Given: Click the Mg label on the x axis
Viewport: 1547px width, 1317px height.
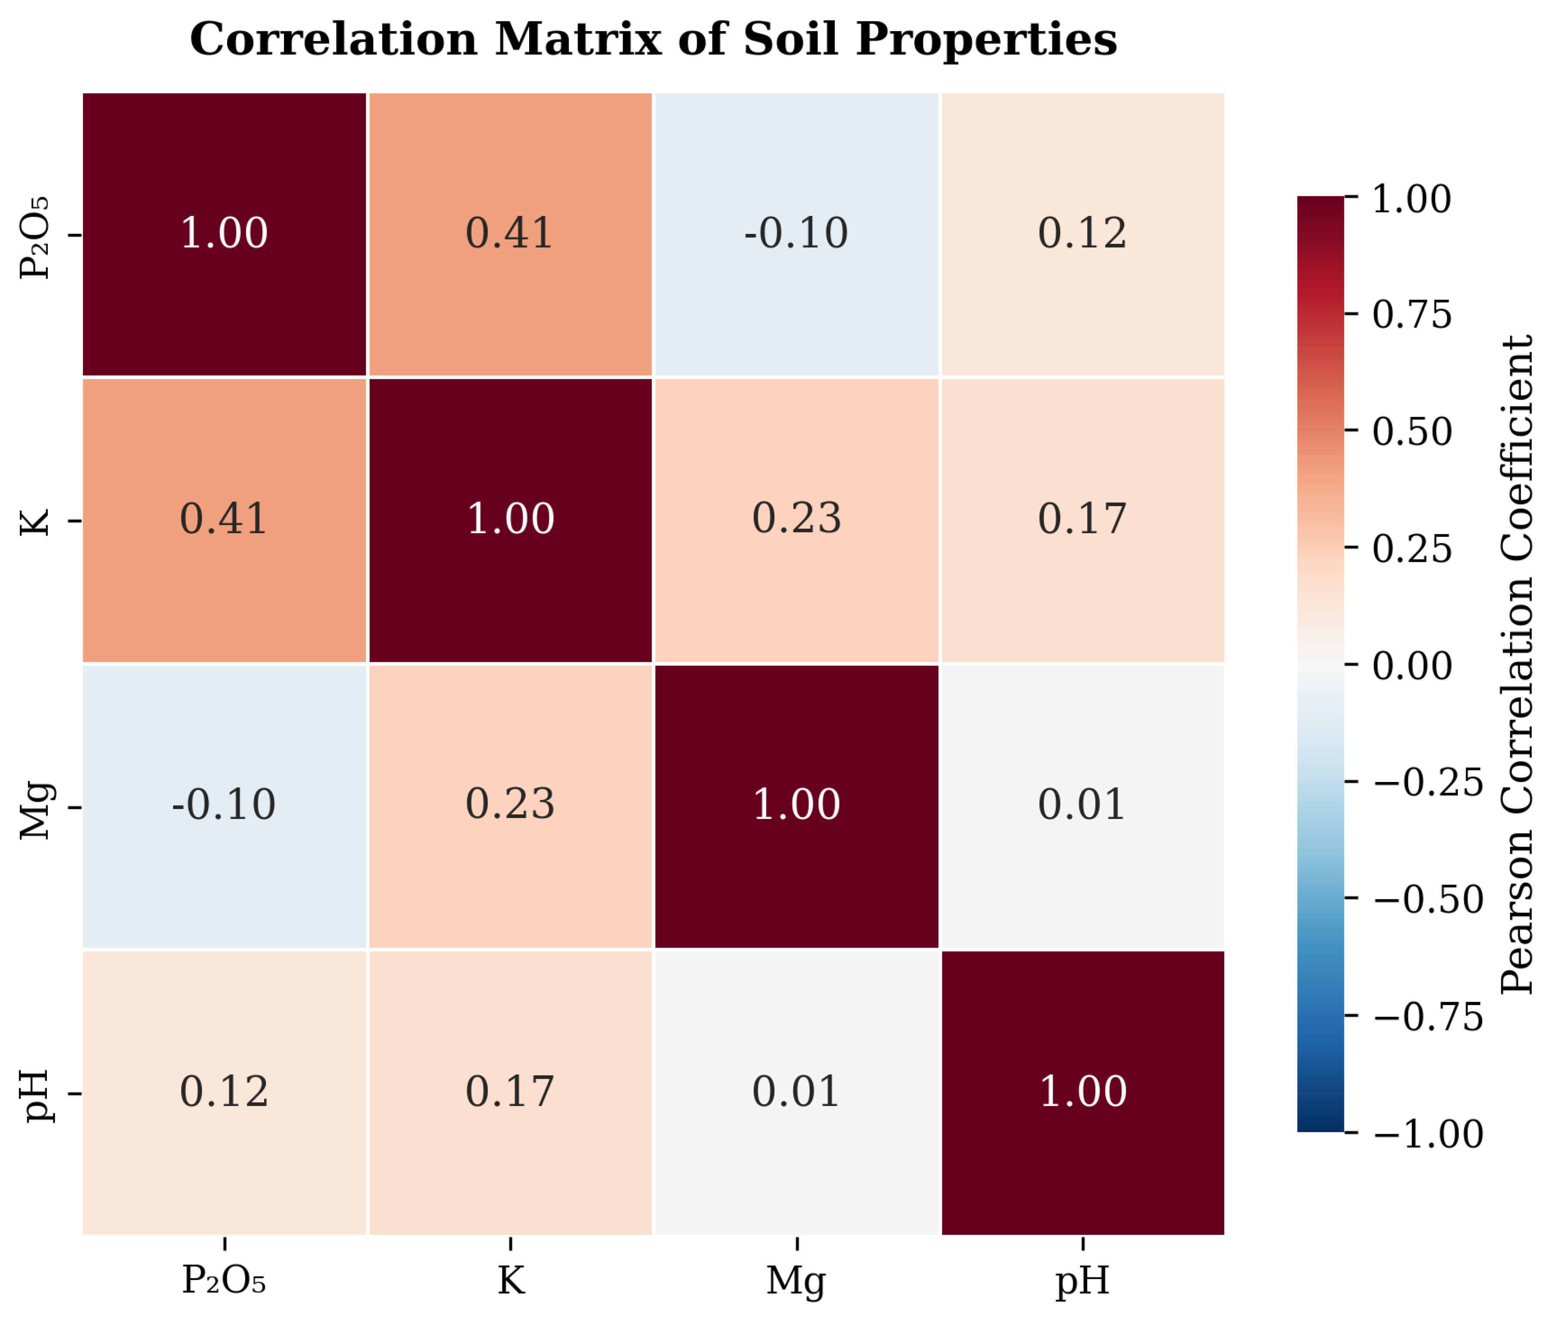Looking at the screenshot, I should pos(796,1281).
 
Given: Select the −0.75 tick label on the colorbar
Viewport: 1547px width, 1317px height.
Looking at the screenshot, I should pos(1427,1017).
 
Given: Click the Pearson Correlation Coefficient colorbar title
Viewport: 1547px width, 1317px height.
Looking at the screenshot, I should pos(1517,665).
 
